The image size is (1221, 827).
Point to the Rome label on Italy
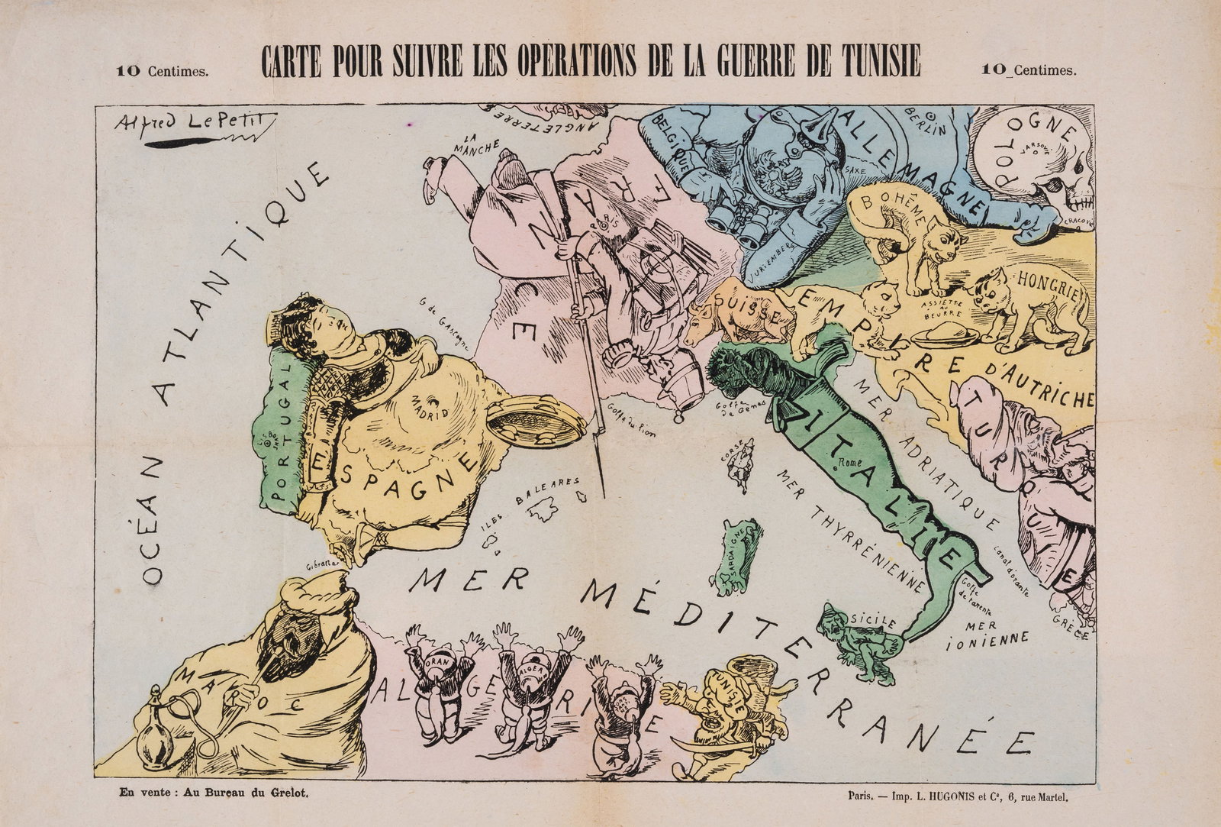pyautogui.click(x=847, y=463)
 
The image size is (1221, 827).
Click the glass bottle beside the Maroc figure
pyautogui.click(x=156, y=729)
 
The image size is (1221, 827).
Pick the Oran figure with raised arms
pyautogui.click(x=438, y=683)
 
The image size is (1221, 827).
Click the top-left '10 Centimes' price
pyautogui.click(x=162, y=71)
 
